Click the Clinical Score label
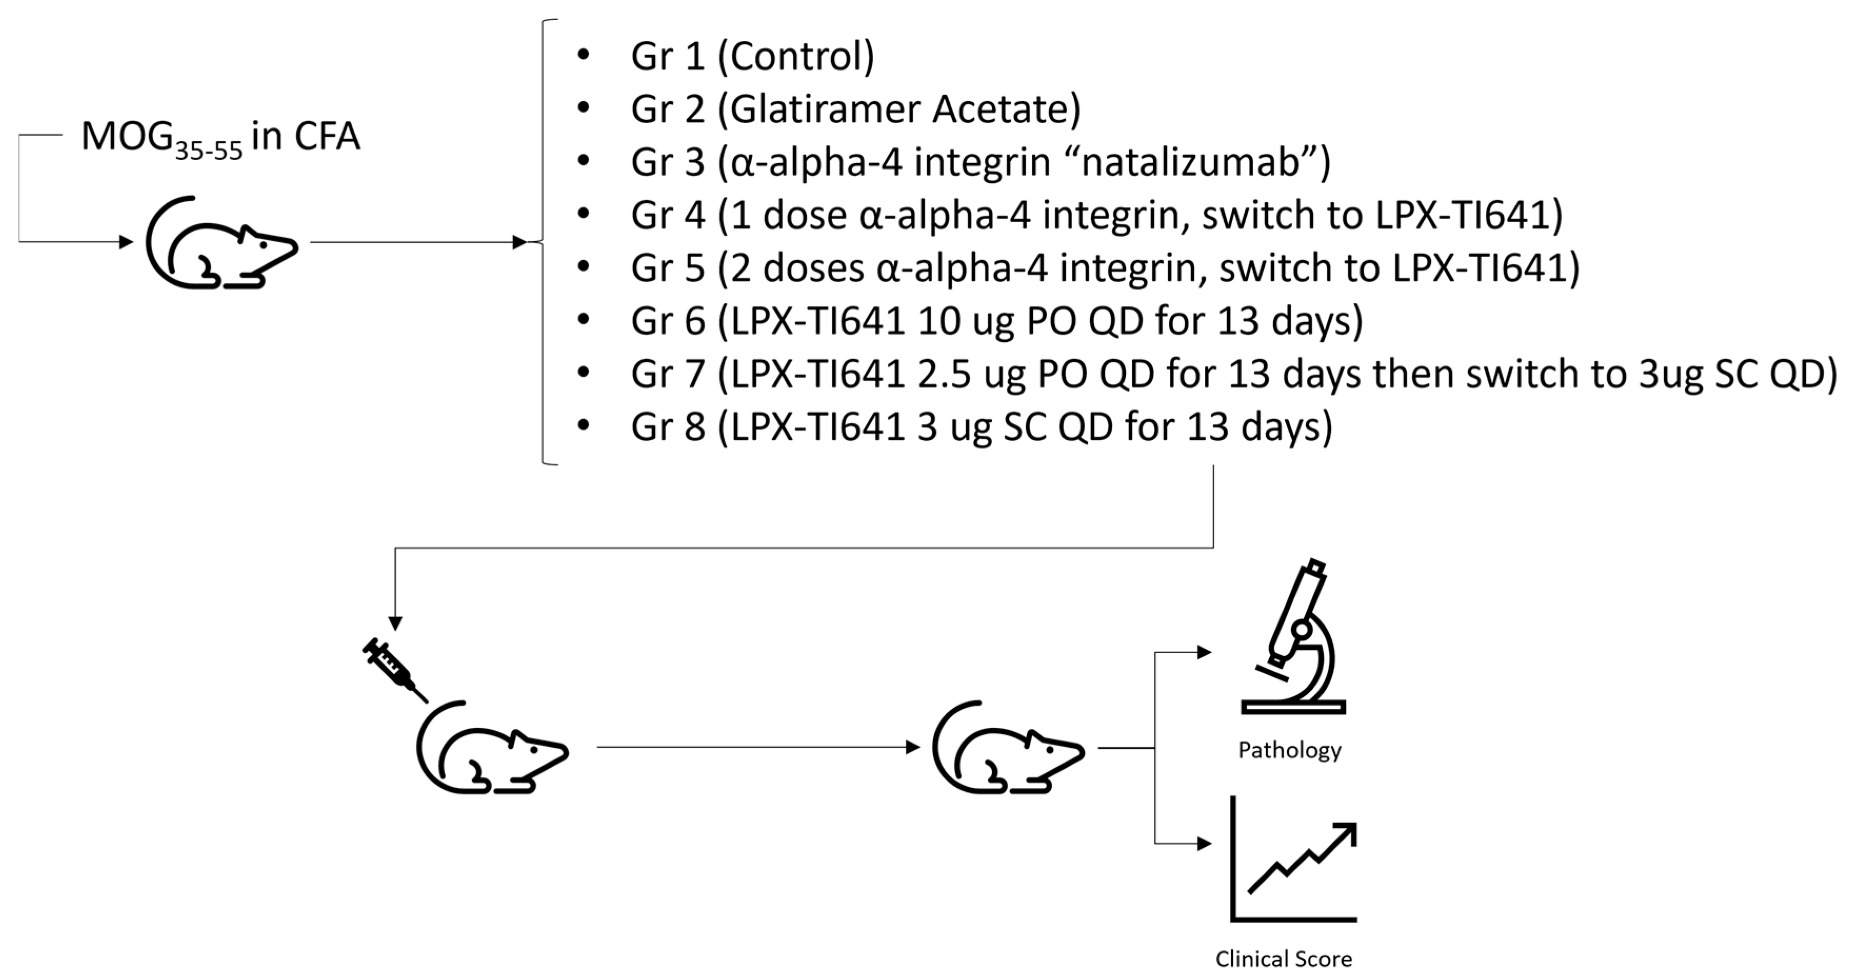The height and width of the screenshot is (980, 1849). click(1283, 958)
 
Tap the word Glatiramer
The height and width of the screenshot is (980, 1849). click(819, 109)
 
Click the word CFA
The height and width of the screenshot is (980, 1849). click(327, 136)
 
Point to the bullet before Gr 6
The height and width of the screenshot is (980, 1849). click(583, 320)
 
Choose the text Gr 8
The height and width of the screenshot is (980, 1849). click(667, 427)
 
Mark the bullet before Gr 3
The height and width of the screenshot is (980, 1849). click(583, 161)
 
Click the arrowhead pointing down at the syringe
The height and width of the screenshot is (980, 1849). click(395, 623)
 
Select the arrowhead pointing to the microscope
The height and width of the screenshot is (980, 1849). click(1204, 652)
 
